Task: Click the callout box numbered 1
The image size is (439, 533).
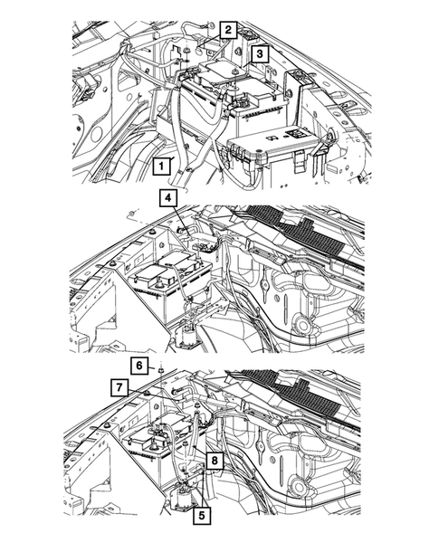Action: (x=161, y=167)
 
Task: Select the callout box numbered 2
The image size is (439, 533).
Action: (x=228, y=30)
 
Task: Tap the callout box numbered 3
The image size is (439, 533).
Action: (x=260, y=53)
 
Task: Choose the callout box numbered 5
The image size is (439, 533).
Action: (x=202, y=516)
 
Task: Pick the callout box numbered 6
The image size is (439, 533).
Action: (x=139, y=366)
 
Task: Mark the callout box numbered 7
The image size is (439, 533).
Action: (x=119, y=388)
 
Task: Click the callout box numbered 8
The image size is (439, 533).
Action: (x=215, y=461)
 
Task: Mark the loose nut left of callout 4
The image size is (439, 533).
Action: (x=132, y=214)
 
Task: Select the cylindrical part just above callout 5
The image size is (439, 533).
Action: (x=184, y=495)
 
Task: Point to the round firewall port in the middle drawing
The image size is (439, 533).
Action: (x=302, y=326)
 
